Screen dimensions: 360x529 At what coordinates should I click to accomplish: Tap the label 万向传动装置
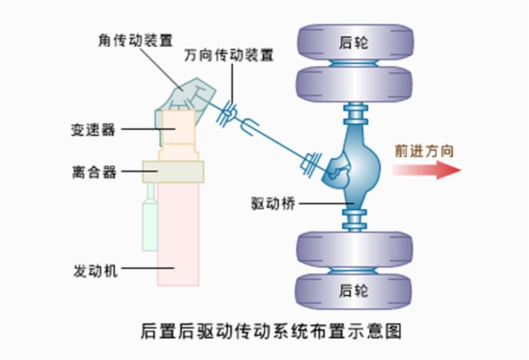[x=229, y=55]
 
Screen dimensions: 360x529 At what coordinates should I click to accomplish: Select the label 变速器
[x=93, y=129]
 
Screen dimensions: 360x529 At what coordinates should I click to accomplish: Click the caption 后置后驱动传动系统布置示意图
[x=271, y=331]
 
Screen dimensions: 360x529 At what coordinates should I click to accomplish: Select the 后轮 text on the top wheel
[x=354, y=43]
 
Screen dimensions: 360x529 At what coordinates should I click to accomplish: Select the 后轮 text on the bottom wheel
[x=354, y=291]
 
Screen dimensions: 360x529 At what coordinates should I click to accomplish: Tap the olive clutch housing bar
[x=173, y=172]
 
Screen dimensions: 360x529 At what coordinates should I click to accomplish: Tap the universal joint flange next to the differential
[x=311, y=161]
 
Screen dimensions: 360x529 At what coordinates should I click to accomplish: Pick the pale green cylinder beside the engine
[x=150, y=223]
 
